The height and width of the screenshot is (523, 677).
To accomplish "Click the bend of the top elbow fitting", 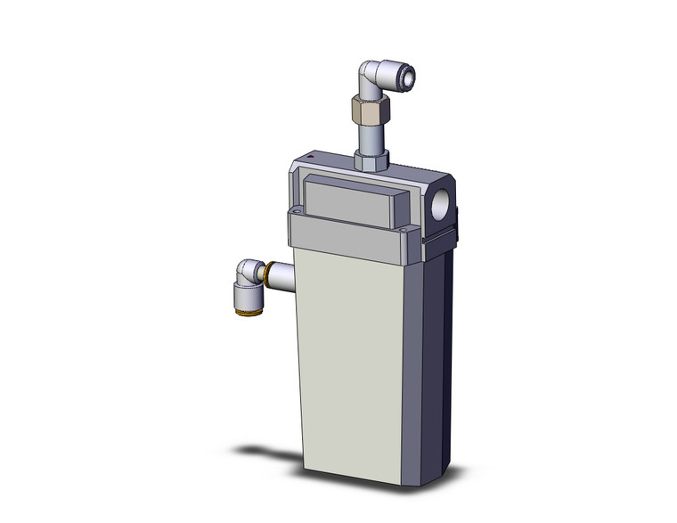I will [x=365, y=77].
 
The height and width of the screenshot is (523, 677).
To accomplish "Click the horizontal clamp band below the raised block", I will [x=347, y=234].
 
